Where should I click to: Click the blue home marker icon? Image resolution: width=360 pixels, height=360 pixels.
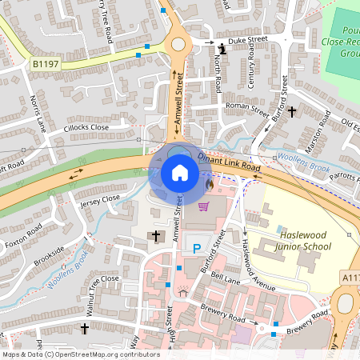coord(180,173)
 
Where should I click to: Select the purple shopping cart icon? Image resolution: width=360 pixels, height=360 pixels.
coord(203,207)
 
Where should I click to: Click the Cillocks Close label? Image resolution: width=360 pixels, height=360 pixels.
coord(87,127)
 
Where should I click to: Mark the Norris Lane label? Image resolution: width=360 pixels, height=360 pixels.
coord(38,113)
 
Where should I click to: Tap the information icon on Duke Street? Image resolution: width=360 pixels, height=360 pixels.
coord(222,49)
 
